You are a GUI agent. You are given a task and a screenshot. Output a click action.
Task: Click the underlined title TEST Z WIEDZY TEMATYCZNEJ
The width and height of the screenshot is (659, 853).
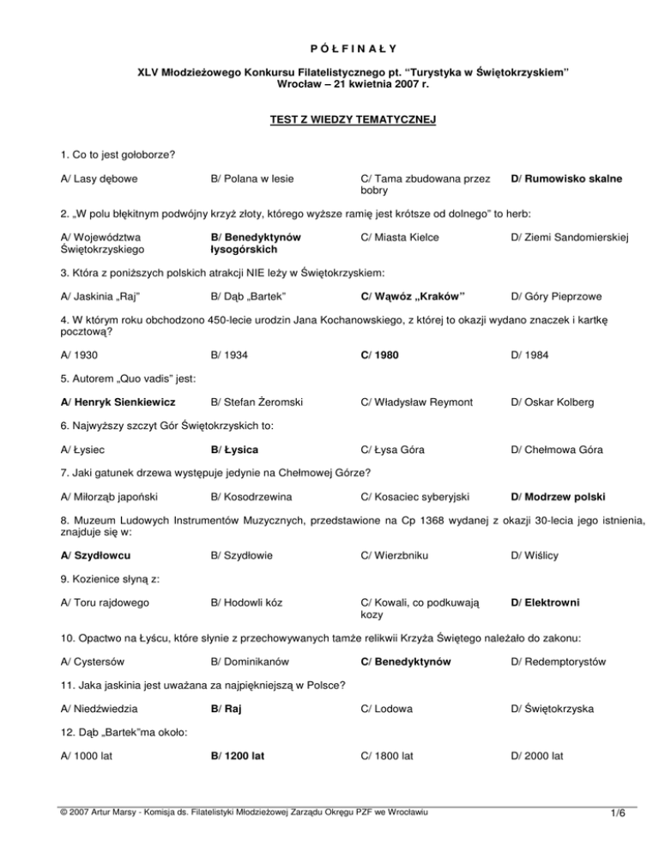tap(329, 120)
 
